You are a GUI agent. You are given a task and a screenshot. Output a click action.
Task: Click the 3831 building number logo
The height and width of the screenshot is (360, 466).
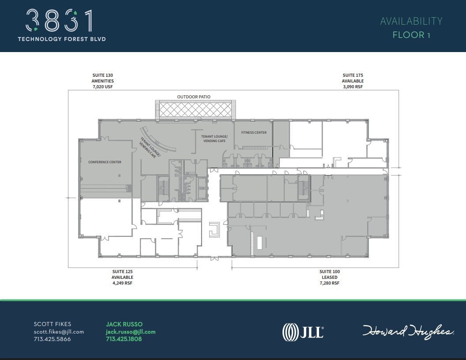pyautogui.click(x=60, y=21)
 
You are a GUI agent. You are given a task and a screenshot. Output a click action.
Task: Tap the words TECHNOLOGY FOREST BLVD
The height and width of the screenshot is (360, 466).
pyautogui.click(x=62, y=39)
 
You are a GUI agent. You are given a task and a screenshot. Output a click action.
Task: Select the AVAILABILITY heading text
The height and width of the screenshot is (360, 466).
pyautogui.click(x=411, y=21)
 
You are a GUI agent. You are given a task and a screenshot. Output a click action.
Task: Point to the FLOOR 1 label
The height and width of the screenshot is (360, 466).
pyautogui.click(x=411, y=35)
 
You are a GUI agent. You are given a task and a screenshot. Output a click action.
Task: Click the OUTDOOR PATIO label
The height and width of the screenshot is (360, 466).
pyautogui.click(x=194, y=97)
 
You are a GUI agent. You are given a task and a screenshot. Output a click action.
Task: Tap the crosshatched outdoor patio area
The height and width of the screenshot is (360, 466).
pyautogui.click(x=194, y=109)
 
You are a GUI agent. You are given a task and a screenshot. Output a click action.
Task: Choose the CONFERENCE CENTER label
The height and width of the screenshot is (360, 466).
pyautogui.click(x=105, y=162)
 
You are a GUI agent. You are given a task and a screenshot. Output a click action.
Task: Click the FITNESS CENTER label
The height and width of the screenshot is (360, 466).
pyautogui.click(x=254, y=132)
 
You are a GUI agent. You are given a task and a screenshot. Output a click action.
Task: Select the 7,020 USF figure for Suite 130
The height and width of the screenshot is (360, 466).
pyautogui.click(x=103, y=87)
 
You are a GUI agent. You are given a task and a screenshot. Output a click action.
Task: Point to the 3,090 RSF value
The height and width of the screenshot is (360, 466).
pyautogui.click(x=353, y=87)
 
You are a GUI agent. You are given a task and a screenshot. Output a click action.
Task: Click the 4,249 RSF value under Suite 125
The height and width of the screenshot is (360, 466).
pyautogui.click(x=122, y=283)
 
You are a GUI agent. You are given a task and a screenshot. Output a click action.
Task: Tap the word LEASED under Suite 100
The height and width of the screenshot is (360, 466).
pyautogui.click(x=330, y=277)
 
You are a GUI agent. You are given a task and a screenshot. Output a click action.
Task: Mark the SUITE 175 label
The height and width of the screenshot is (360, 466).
pyautogui.click(x=353, y=75)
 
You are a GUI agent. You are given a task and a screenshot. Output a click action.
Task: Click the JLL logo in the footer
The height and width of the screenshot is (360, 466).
pyautogui.click(x=303, y=332)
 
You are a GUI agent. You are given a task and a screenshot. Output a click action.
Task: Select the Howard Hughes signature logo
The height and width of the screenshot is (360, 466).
pyautogui.click(x=408, y=331)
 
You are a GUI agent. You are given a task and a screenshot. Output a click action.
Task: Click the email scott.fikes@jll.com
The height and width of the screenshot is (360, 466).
pyautogui.click(x=59, y=332)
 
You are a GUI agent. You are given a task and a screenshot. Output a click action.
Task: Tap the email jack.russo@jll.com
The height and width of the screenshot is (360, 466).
pyautogui.click(x=131, y=332)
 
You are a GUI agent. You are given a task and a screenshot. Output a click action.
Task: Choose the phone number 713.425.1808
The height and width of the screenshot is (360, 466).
pyautogui.click(x=124, y=339)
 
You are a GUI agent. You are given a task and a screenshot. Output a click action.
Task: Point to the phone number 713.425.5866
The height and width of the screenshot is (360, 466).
pyautogui.click(x=52, y=339)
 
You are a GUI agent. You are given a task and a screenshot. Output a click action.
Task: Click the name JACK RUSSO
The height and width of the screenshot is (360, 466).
pyautogui.click(x=124, y=324)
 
